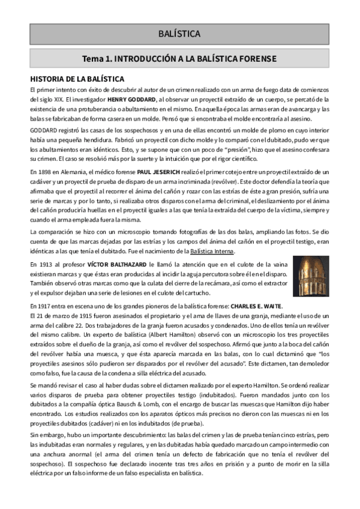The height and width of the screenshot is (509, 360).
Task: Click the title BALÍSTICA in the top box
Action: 179,34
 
